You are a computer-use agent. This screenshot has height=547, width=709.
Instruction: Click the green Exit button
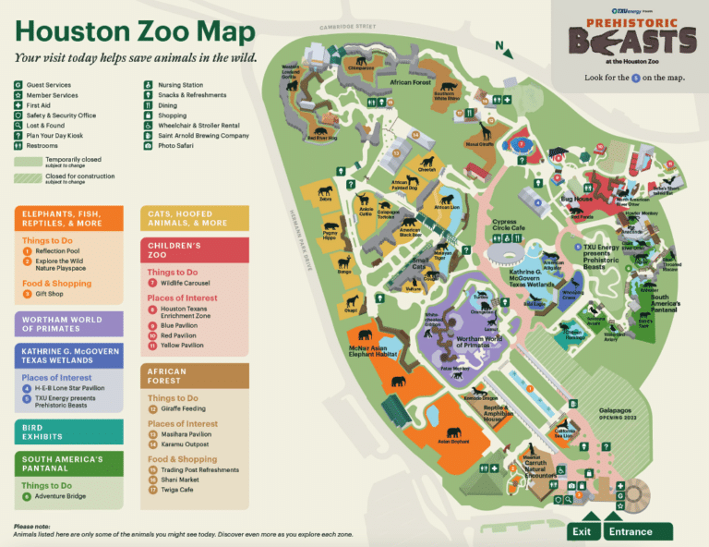(582, 531)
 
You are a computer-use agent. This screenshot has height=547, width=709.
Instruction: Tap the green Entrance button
(638, 531)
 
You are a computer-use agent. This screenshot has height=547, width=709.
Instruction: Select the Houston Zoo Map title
(135, 32)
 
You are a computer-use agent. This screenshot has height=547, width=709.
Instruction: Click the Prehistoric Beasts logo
(631, 37)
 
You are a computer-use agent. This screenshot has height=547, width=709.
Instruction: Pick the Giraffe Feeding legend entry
(184, 408)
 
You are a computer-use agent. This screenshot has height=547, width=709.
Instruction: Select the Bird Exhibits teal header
(68, 432)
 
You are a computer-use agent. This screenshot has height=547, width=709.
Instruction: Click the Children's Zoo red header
(194, 249)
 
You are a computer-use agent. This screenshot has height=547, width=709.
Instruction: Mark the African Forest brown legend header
(194, 375)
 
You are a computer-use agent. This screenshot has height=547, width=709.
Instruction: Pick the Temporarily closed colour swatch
(27, 160)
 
